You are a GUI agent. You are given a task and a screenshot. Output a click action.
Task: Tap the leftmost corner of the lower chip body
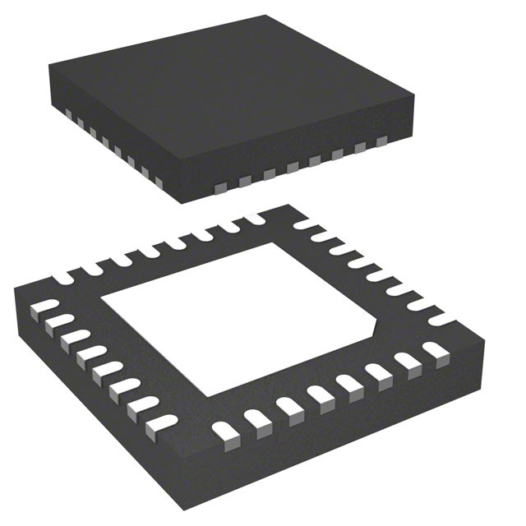click(15, 292)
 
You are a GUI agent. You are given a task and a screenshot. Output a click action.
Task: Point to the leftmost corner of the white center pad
click(101, 307)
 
